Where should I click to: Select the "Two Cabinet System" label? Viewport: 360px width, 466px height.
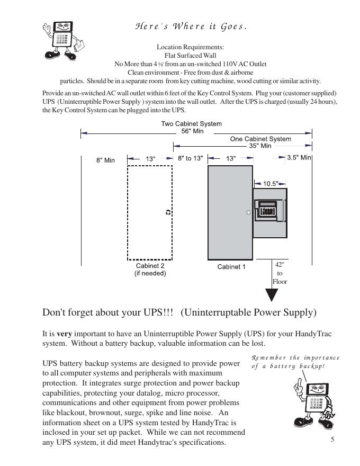(x=191, y=124)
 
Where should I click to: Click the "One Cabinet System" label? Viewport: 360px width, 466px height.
(x=260, y=139)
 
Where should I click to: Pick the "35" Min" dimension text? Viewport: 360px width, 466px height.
(x=260, y=146)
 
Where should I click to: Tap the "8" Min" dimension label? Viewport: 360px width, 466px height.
(x=105, y=160)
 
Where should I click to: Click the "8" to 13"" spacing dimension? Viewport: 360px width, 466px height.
(x=190, y=158)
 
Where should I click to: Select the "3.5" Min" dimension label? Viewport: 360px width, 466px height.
(x=299, y=158)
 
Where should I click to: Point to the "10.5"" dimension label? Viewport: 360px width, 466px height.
(x=271, y=184)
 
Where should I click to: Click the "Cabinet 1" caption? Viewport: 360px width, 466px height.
(x=231, y=267)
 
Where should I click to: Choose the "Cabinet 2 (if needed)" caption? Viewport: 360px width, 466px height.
(x=150, y=270)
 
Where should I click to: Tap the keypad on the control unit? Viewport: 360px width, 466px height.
(x=268, y=210)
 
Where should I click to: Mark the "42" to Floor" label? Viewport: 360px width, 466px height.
(x=280, y=273)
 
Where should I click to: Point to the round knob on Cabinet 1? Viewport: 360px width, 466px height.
(x=248, y=212)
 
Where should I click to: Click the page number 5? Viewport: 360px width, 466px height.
(x=332, y=439)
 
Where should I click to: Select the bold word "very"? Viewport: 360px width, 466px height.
(x=64, y=334)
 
